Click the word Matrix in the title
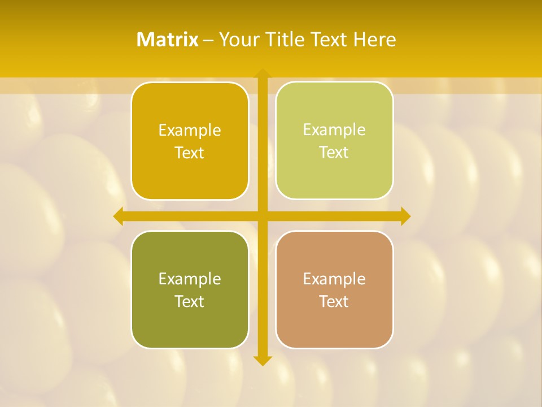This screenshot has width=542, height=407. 167,40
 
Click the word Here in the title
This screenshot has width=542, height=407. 374,40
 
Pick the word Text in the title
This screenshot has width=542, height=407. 327,40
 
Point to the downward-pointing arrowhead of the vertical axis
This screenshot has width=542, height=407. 262,360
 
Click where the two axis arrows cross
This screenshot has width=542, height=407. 262,216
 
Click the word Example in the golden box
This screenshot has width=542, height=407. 190,131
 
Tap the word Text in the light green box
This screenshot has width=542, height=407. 334,153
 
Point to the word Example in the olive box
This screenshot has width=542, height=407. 190,279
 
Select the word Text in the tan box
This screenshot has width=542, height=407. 334,301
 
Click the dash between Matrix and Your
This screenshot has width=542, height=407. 208,40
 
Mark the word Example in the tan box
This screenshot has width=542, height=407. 334,279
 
